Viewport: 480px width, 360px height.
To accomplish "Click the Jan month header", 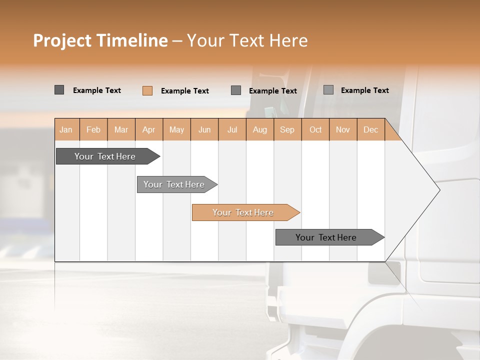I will point(66,129).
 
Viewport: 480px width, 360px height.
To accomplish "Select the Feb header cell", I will point(93,129).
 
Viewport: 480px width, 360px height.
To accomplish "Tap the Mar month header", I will point(121,129).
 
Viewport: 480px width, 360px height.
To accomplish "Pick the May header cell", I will point(176,129).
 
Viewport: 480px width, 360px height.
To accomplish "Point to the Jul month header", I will point(232,129).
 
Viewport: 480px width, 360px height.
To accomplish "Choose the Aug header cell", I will point(259,129).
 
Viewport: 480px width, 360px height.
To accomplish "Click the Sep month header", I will point(287,129).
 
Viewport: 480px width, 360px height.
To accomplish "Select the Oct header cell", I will point(315,129).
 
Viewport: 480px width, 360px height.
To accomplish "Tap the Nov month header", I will point(343,129).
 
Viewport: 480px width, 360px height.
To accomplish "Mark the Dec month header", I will point(370,129).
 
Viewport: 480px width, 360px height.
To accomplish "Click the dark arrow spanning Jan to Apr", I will point(105,156).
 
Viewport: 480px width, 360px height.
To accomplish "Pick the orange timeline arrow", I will point(243,212).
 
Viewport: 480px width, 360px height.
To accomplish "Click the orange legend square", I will point(147,90).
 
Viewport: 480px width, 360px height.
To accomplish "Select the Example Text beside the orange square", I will point(185,91).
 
